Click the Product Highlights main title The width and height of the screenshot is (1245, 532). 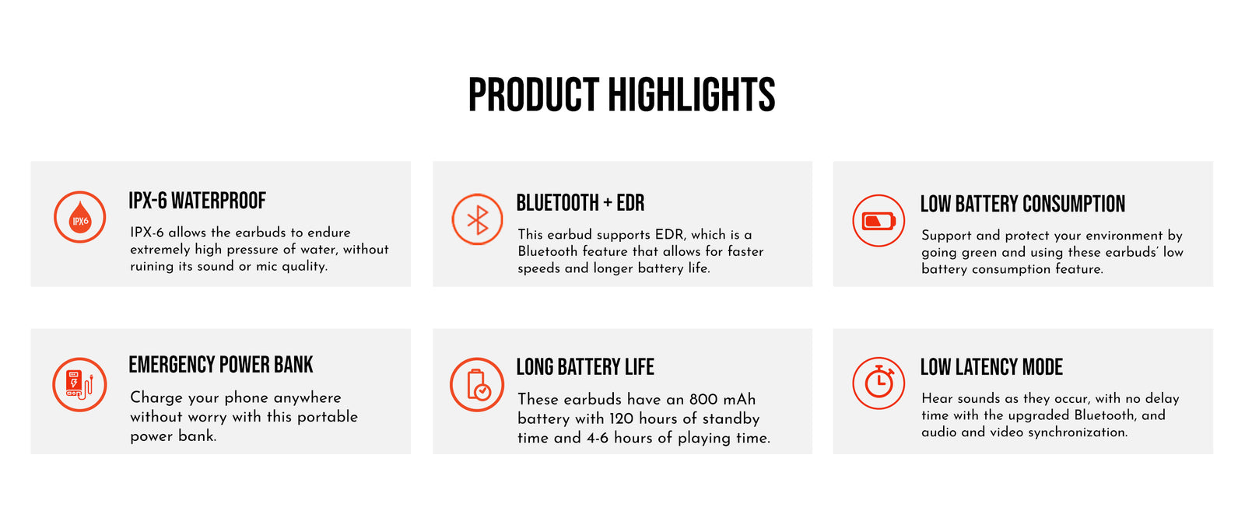pos(622,94)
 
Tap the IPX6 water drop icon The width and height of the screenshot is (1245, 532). pos(79,217)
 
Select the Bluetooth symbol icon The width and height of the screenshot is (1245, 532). pos(477,219)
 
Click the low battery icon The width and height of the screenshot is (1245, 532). pos(879,220)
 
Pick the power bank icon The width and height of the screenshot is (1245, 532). pos(79,384)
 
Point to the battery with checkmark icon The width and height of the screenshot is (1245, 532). pos(477,384)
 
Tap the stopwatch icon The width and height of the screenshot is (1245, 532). pos(879,383)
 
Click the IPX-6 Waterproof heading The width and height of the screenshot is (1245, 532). pos(198,201)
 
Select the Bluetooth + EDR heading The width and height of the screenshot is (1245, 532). pos(580,203)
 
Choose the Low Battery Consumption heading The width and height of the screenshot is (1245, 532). pos(1022,204)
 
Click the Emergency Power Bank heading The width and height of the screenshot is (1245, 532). pos(221,364)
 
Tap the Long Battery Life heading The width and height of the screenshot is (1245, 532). pos(585,366)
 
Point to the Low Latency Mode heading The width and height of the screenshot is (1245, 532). pos(991,366)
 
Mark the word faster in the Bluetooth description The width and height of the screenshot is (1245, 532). pos(745,251)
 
